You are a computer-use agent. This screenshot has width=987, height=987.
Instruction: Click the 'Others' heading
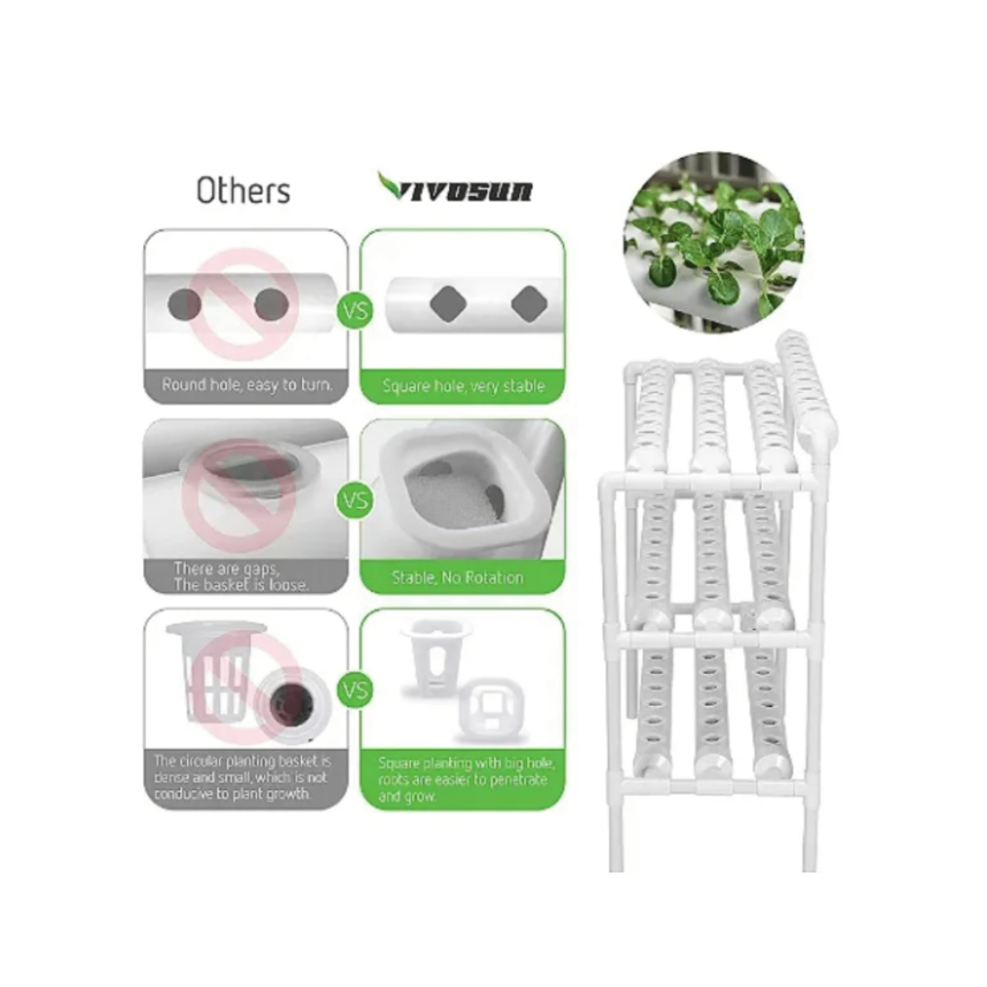[244, 191]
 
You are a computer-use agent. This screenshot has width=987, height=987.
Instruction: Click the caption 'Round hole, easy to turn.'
[247, 385]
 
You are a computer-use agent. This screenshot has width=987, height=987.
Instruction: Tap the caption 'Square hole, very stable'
[463, 386]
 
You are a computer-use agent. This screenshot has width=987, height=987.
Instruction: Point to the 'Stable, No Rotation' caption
[458, 577]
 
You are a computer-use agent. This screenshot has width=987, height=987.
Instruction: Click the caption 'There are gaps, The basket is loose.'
[241, 577]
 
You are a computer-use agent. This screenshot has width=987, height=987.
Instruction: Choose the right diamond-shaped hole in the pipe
[530, 304]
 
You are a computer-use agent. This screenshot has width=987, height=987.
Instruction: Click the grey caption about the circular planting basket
[243, 778]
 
